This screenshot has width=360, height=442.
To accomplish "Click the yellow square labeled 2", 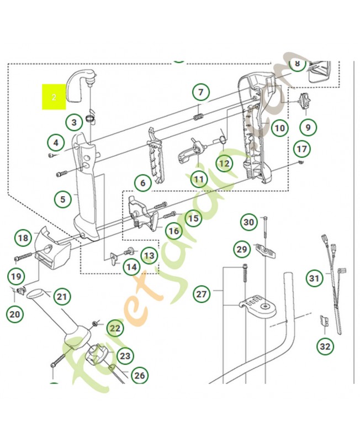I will click(x=54, y=97).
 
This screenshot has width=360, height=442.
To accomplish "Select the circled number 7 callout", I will click(x=200, y=92).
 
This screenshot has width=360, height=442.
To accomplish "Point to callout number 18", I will click(x=23, y=238).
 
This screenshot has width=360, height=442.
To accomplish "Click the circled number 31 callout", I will click(x=314, y=278).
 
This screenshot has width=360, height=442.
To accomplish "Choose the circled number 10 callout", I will click(x=280, y=128).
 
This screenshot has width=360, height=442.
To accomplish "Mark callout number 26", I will click(x=140, y=376).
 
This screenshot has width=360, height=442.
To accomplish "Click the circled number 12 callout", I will click(x=224, y=164).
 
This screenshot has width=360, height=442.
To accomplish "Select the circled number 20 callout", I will click(x=15, y=314).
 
